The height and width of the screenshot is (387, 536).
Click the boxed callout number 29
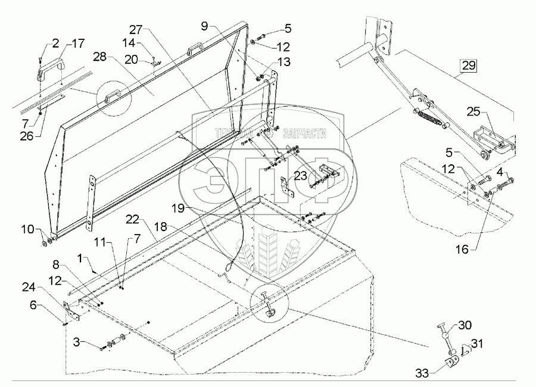coord(468,65)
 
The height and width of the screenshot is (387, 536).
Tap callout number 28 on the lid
coord(100,57)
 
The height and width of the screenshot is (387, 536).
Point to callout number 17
coord(78,43)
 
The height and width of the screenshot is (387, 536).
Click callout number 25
coord(474,112)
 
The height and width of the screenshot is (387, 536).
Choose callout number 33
coord(422,373)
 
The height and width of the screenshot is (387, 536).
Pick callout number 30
coord(465,325)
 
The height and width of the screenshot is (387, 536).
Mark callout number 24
coord(29,288)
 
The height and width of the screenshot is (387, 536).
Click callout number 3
coord(77,342)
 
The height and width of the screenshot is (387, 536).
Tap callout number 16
coord(462,249)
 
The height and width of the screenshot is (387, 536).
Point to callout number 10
coord(27,229)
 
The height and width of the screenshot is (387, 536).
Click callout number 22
coord(132,219)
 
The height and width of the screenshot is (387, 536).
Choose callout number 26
coord(27,136)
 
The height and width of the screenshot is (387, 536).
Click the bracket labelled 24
coord(70,310)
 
